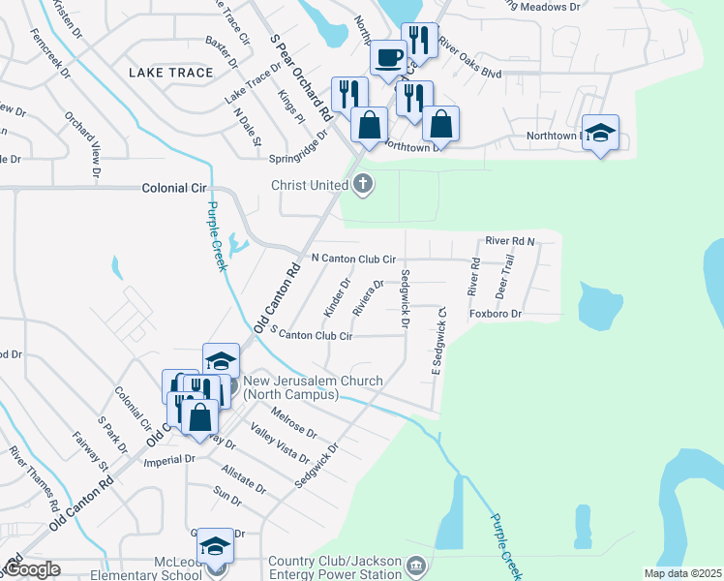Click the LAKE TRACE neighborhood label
point(164,73)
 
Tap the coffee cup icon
point(388,58)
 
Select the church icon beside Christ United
point(363,184)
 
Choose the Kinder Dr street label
point(338,296)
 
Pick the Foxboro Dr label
point(496,314)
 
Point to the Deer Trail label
point(502,276)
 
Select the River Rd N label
point(510,240)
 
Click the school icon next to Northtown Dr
point(600,133)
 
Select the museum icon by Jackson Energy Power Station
point(415,565)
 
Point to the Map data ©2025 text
point(681,573)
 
